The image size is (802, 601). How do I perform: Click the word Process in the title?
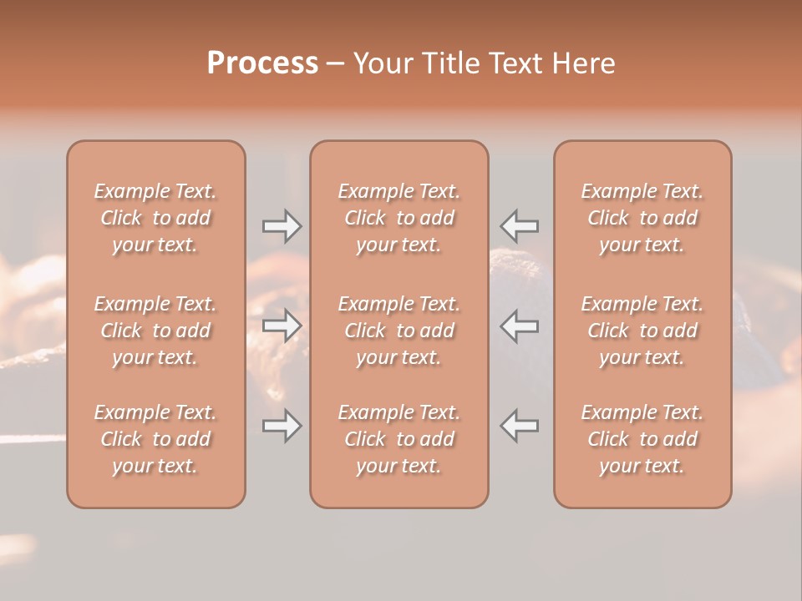click(x=262, y=63)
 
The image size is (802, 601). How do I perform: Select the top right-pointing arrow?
click(x=282, y=225)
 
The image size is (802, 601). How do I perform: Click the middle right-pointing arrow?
click(x=282, y=326)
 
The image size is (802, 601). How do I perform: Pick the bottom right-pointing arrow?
click(x=282, y=426)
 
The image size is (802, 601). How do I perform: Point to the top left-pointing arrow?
click(x=520, y=225)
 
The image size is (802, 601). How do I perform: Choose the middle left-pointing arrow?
click(x=520, y=326)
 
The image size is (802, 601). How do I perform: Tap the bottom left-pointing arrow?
click(x=520, y=426)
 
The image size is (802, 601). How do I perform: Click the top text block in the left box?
click(x=155, y=218)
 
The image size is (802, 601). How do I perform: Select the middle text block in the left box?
click(x=155, y=331)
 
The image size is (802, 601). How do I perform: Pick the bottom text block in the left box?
click(x=155, y=439)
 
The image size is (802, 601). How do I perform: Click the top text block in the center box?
click(x=398, y=218)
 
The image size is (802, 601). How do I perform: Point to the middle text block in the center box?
click(x=398, y=331)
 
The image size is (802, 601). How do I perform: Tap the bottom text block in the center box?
click(x=398, y=439)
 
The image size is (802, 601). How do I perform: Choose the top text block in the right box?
click(x=642, y=218)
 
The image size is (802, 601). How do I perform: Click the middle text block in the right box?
click(x=642, y=331)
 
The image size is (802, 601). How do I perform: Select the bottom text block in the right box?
click(x=642, y=439)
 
